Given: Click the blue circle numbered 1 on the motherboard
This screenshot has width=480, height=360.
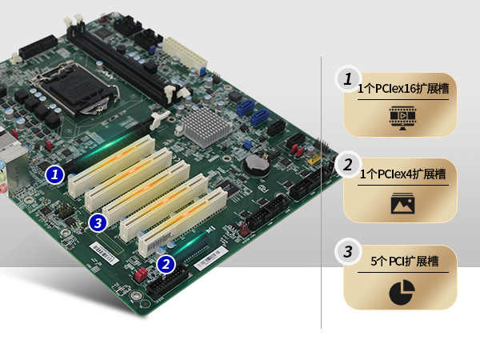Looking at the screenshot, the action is coord(54,174).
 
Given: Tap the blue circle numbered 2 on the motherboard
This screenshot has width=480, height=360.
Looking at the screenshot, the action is coord(166,264).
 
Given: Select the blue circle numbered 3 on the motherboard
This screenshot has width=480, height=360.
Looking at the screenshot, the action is coord(98,223).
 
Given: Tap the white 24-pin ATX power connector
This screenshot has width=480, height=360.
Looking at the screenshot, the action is coord(185,54).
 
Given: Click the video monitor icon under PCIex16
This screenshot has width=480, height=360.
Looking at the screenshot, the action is coord(402,118).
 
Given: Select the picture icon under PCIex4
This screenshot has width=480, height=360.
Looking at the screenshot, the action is coord(402,203).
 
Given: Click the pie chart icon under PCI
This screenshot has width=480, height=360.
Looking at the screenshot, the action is coord(402,292).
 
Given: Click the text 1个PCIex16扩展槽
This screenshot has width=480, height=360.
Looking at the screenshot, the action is coord(403,89).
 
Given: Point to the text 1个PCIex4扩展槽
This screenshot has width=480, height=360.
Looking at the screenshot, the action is coord(402,174).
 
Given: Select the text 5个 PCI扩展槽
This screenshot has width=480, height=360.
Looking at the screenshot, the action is coord(404,261).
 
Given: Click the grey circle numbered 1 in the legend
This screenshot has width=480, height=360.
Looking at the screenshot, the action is coord(348,79).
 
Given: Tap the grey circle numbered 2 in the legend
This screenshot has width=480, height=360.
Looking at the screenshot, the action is coord(348,165).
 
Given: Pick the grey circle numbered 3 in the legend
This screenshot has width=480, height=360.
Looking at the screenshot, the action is coord(348,252).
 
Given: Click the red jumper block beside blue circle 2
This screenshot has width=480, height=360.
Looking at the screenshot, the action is coord(141,275).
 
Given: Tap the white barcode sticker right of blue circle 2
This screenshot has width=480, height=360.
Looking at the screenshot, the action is coord(211,258).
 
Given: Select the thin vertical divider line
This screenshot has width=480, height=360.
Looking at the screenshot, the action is coord(321,193).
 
